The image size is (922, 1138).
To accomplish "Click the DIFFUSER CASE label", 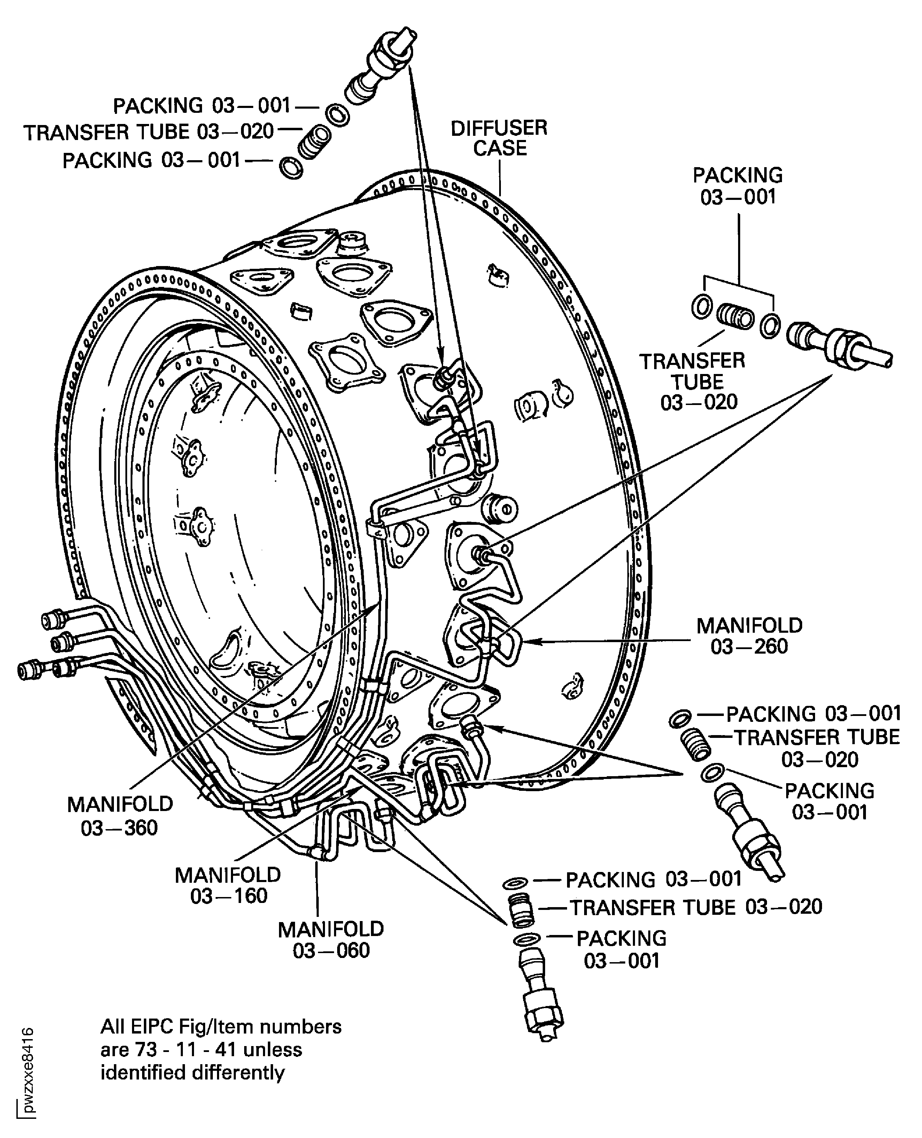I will pyautogui.click(x=499, y=138).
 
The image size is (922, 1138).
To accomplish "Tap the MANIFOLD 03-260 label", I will pyautogui.click(x=749, y=636).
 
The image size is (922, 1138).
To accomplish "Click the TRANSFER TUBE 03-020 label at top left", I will pyautogui.click(x=149, y=132).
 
